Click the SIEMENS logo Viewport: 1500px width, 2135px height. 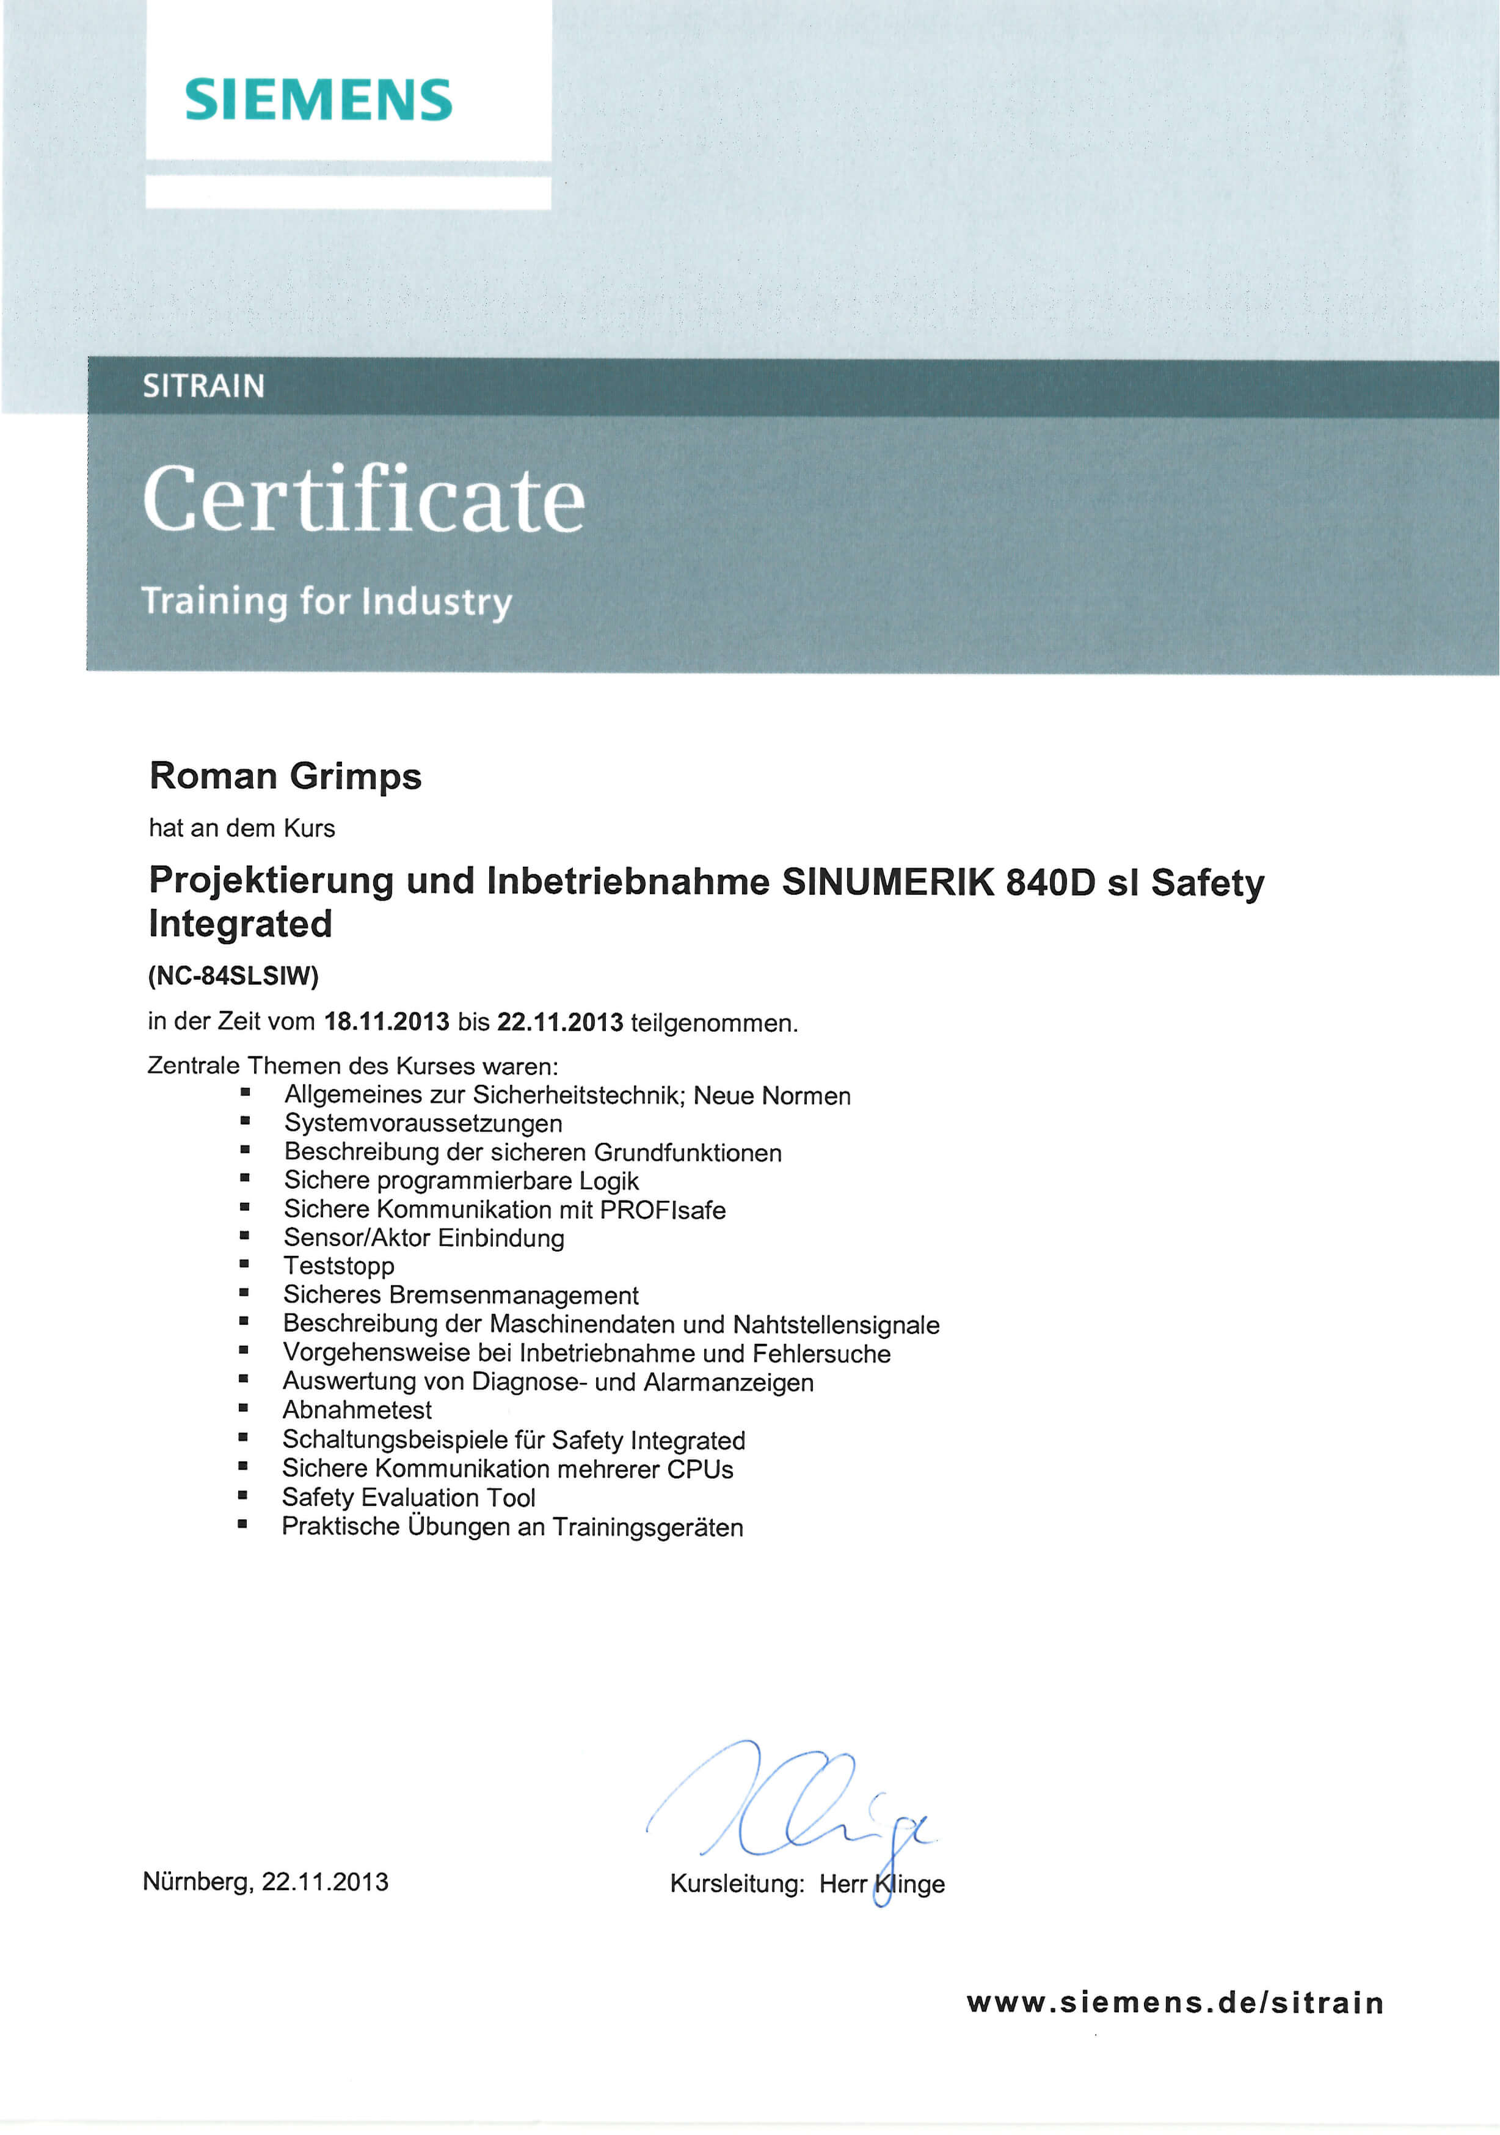(318, 100)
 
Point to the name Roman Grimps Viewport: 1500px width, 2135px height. (285, 776)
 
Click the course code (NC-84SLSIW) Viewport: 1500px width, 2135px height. (233, 976)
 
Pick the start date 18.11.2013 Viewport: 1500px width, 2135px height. (386, 1022)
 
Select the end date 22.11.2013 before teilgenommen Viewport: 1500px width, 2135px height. (560, 1022)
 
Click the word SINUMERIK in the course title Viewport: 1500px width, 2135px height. (887, 881)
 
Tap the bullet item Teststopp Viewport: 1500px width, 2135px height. (338, 1266)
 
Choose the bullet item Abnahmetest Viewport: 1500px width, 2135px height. (357, 1410)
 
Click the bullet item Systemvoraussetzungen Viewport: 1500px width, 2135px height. (423, 1123)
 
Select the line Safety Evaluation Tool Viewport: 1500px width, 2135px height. (408, 1497)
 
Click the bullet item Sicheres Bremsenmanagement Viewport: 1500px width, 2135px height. (461, 1294)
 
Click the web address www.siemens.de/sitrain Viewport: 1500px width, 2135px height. (1176, 2002)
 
